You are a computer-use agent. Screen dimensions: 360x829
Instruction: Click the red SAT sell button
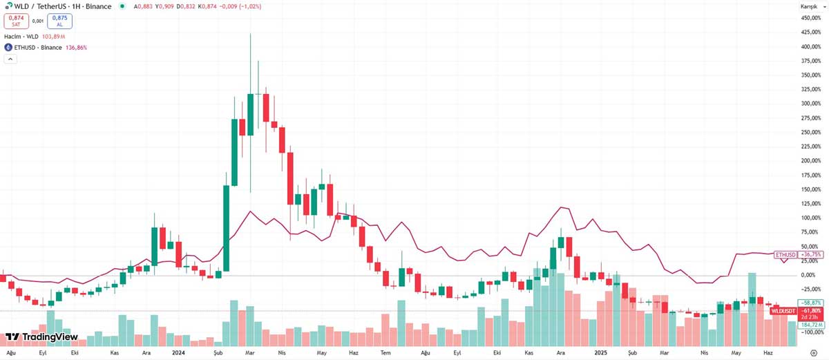[x=16, y=21]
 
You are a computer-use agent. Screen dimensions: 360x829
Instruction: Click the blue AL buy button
[x=59, y=21]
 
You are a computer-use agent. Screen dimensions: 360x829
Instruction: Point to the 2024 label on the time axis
[x=178, y=352]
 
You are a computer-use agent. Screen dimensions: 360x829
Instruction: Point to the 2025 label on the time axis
[x=600, y=352]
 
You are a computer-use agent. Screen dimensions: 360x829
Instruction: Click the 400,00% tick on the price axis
[x=810, y=47]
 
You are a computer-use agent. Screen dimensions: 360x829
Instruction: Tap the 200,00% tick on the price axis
[x=810, y=161]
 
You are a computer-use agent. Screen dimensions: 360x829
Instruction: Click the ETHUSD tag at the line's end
[x=785, y=254]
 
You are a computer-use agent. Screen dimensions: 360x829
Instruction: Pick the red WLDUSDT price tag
[x=783, y=312]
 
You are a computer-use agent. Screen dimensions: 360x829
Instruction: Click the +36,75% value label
[x=810, y=254]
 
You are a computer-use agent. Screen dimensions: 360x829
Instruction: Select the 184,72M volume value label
[x=810, y=324]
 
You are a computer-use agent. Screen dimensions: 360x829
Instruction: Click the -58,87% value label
[x=810, y=303]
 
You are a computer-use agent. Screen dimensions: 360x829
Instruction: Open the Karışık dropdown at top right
[x=809, y=6]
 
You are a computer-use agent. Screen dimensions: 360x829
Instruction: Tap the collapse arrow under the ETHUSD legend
[x=10, y=59]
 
